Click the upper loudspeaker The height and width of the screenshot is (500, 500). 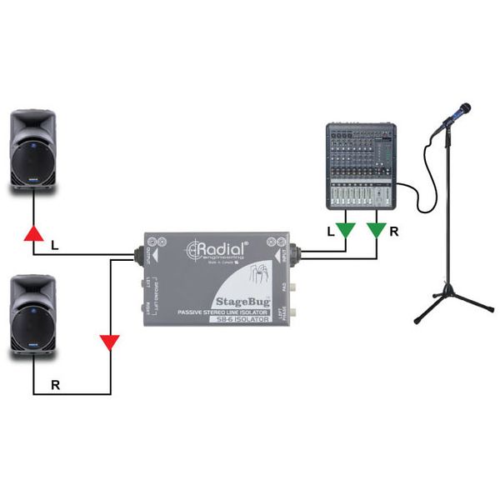point(33,150)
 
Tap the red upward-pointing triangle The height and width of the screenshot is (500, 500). point(32,232)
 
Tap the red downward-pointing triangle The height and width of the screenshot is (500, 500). point(109,342)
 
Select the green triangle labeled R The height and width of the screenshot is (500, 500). point(377,228)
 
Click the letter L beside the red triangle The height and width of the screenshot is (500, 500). point(55,247)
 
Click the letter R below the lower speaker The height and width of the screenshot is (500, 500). point(55,385)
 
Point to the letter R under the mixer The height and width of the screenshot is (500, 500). point(393,232)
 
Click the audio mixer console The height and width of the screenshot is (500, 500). point(361,166)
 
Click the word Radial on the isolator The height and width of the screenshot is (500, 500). point(221,248)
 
